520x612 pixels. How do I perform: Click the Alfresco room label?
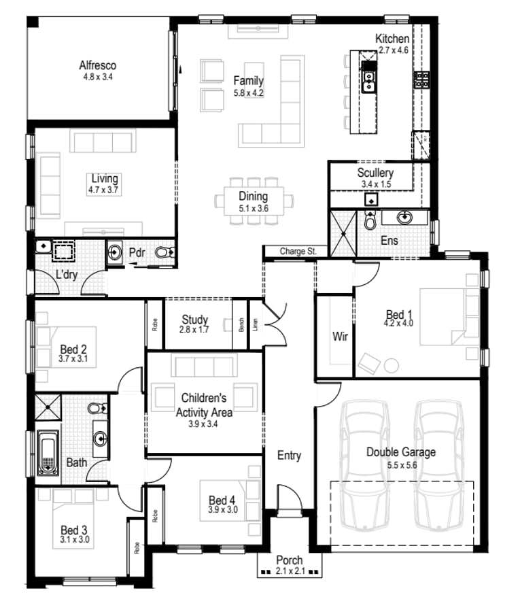point(97,66)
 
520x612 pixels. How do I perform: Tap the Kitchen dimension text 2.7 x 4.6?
point(393,50)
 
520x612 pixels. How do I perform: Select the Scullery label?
point(375,173)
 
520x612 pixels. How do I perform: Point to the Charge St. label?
point(298,252)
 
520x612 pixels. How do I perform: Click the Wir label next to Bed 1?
point(340,337)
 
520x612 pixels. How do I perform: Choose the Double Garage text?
point(401,452)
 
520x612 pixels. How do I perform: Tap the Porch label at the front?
point(289,560)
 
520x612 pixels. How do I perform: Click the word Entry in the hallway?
point(289,456)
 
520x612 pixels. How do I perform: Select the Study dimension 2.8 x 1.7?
point(194,330)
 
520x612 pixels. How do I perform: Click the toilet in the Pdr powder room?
point(164,253)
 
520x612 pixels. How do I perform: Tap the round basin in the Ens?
point(405,218)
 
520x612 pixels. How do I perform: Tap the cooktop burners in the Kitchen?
point(421,80)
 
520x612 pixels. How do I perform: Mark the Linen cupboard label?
point(256,325)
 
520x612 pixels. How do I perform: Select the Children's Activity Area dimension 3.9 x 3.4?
point(205,423)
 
